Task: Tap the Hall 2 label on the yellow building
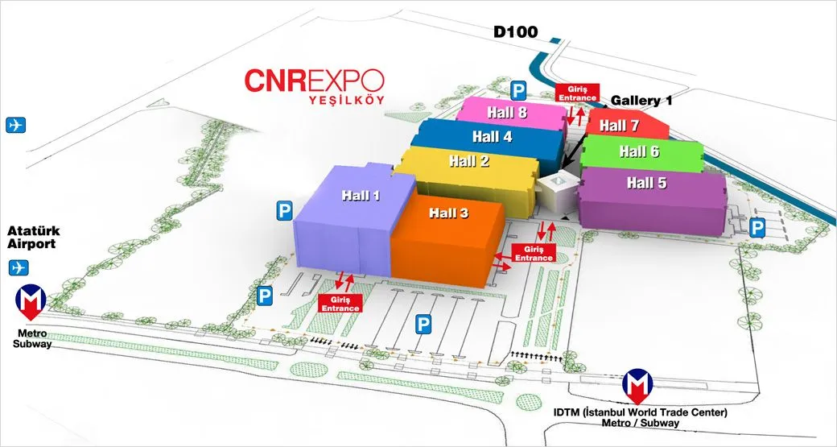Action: click(469, 161)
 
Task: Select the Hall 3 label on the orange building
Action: click(448, 213)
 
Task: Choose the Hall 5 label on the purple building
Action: click(646, 184)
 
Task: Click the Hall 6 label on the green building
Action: click(639, 151)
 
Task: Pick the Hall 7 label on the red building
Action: click(619, 126)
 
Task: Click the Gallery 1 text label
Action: click(641, 101)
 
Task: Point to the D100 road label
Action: click(516, 33)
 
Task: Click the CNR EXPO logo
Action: click(315, 81)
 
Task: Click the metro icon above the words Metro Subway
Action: click(31, 300)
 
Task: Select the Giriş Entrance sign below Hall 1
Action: click(341, 303)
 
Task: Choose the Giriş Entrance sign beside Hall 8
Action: click(576, 92)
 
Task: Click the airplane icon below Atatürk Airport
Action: click(18, 267)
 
